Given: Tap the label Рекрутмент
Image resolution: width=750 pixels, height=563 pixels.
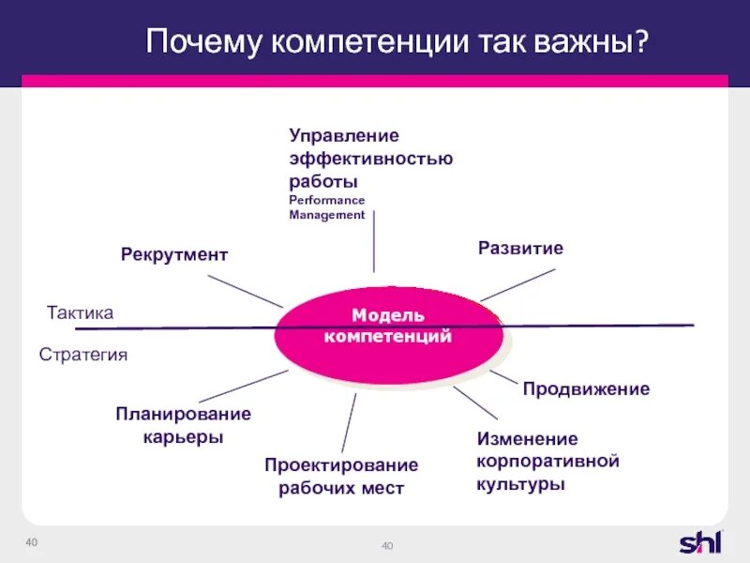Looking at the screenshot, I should pos(174,254).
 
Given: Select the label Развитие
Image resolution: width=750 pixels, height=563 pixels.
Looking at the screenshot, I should pos(520,249).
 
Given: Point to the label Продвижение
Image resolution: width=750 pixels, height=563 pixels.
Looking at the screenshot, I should pos(586,388).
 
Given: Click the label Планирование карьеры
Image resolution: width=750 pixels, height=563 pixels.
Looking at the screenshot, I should pos(183,425).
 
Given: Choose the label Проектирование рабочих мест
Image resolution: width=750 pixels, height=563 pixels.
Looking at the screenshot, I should pos(341,477).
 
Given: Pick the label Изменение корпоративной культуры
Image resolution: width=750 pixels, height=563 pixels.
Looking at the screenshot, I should pos(548,462).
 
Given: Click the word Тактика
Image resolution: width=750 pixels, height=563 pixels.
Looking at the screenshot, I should pos(80,313).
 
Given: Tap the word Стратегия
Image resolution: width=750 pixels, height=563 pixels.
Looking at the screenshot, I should pos(82,355).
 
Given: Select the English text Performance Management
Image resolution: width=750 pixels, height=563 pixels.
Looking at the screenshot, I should pos(327,207).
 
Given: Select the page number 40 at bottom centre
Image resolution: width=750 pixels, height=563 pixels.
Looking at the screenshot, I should pos(388,547).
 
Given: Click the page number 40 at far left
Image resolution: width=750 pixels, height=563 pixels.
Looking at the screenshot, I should pos(31,543).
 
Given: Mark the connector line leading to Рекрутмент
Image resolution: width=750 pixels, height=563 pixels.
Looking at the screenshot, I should pos(245,291).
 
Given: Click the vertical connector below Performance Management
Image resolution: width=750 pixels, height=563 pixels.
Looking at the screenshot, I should pos(374,241).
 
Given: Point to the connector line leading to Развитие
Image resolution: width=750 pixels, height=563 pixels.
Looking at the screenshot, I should pos(517,285).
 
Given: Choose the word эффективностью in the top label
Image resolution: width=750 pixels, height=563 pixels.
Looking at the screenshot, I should pos(371,158).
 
